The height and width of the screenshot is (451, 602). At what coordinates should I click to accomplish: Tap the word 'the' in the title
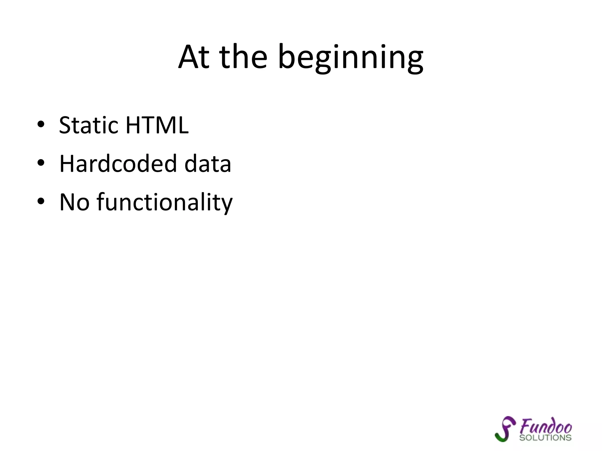243,57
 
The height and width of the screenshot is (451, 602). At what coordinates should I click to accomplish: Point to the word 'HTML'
157,125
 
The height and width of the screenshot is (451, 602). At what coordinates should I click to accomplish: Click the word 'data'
208,164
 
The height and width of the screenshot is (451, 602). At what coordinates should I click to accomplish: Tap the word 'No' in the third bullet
74,202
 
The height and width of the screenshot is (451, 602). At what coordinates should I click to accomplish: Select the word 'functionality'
165,202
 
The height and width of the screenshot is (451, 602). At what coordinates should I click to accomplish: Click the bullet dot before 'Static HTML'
41,124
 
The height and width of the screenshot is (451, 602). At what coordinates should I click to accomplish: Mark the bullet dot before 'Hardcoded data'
41,163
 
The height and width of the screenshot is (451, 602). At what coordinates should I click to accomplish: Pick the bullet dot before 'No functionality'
41,201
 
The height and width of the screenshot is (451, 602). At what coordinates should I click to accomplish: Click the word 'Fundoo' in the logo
546,426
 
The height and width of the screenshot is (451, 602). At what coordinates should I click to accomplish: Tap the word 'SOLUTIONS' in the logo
545,438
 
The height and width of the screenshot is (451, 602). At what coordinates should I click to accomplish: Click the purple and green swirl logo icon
505,429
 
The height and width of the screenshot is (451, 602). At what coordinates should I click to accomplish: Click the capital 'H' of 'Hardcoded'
67,164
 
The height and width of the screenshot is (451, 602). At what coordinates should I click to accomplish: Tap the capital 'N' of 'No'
67,202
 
